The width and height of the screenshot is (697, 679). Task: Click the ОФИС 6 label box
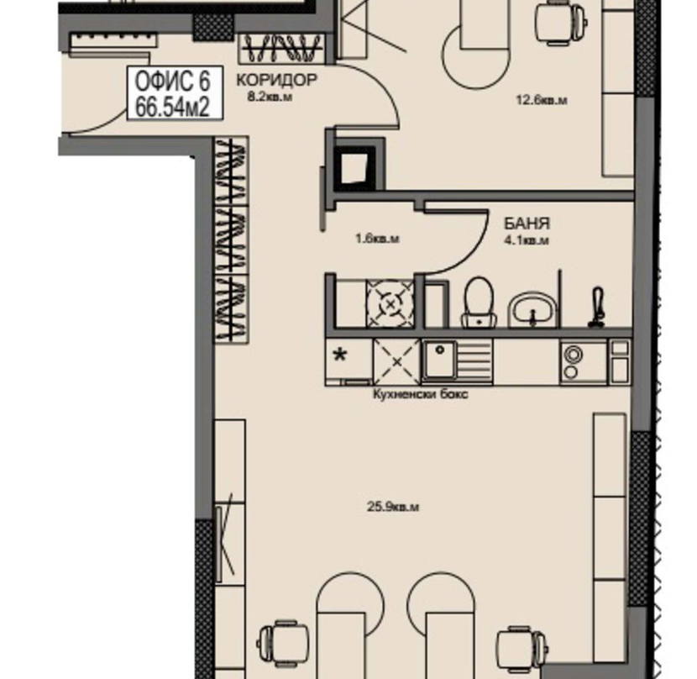click(175, 93)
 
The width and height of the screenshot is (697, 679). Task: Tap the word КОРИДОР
click(276, 80)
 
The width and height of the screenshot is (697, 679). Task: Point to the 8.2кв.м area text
click(270, 97)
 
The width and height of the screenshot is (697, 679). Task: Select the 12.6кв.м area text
click(541, 100)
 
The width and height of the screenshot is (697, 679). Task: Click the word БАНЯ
click(527, 223)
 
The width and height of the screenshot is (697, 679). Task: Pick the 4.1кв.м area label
click(527, 240)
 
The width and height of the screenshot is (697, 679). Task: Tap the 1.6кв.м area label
click(377, 239)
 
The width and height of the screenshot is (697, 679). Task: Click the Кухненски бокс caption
click(420, 394)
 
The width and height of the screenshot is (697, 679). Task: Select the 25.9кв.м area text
click(393, 507)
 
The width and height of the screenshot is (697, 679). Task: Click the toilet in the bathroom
click(479, 303)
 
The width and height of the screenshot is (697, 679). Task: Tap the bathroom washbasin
click(532, 309)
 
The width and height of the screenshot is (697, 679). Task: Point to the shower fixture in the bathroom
click(597, 308)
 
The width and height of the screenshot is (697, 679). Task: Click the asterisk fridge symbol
click(340, 355)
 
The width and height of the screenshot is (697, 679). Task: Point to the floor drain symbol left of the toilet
click(390, 305)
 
